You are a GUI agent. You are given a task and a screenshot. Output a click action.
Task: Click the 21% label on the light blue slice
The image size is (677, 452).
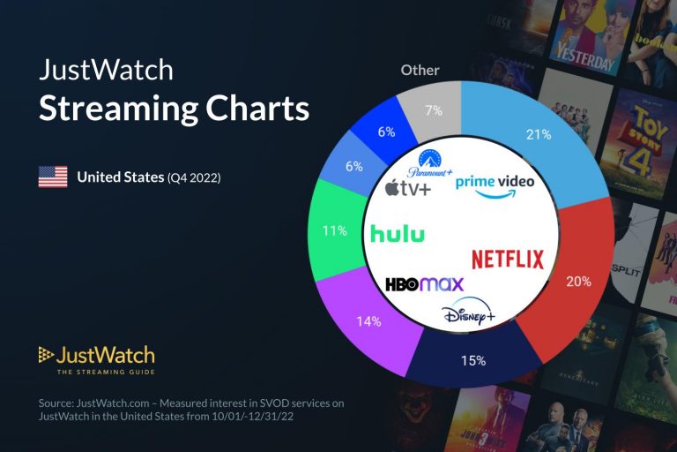tap(539, 135)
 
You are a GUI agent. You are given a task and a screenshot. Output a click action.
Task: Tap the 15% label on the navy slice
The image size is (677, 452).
tap(473, 363)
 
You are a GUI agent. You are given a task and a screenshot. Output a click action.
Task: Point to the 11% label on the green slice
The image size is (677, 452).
tap(333, 231)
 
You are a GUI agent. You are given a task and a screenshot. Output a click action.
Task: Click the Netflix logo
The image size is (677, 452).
tap(508, 259)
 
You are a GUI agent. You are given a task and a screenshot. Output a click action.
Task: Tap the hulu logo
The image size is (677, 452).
tap(398, 233)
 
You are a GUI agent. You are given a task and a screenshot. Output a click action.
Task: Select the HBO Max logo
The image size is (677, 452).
tap(424, 284)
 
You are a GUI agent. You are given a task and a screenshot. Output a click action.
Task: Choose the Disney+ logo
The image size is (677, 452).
tap(469, 313)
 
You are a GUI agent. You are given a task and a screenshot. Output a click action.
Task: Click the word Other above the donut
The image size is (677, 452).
tap(420, 70)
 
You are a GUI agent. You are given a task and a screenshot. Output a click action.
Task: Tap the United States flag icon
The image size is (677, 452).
tap(53, 177)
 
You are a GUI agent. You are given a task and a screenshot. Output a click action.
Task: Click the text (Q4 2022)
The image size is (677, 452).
tap(194, 177)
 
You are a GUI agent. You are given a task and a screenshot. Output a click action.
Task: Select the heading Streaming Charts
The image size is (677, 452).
tap(173, 109)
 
